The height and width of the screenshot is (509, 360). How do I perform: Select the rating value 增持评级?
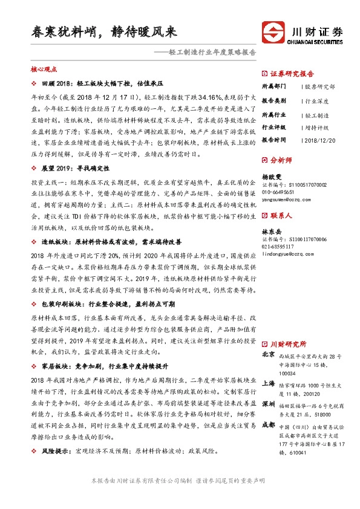tap(316, 128)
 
